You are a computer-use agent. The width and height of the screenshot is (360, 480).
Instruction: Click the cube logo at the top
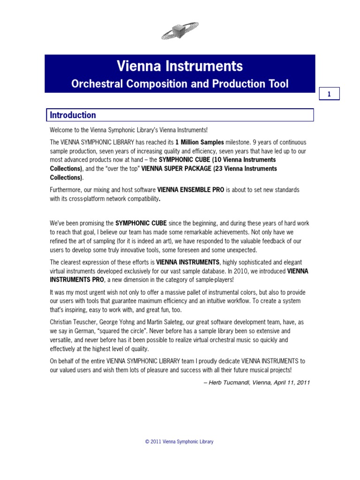pyautogui.click(x=180, y=31)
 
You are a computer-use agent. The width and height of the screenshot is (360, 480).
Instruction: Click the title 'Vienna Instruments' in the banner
pyautogui.click(x=180, y=66)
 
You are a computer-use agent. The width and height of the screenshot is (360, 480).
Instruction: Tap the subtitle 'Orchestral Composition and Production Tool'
pyautogui.click(x=180, y=84)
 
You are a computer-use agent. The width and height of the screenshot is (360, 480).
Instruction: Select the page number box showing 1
pyautogui.click(x=329, y=94)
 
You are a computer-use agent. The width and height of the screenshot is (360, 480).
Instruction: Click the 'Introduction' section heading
pyautogui.click(x=73, y=115)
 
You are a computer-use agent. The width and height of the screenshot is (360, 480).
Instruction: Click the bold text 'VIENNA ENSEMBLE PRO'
pyautogui.click(x=191, y=190)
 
